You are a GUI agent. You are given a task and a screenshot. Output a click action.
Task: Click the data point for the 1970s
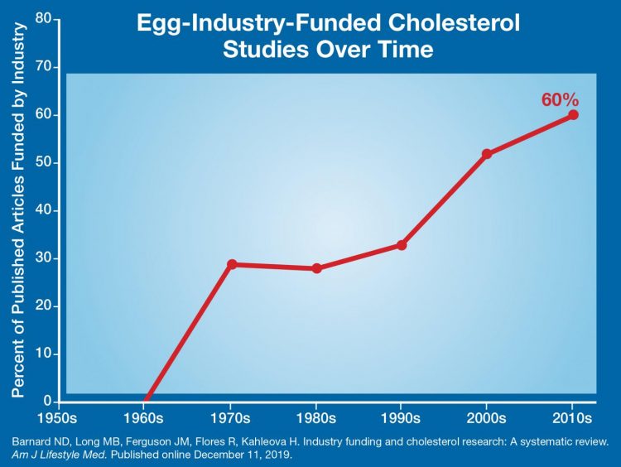[232, 264]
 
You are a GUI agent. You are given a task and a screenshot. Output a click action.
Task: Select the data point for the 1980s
[317, 268]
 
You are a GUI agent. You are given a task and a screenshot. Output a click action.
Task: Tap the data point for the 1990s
[402, 245]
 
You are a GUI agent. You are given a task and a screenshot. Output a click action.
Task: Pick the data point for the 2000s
[487, 154]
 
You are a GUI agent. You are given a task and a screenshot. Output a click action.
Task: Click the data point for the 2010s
[573, 115]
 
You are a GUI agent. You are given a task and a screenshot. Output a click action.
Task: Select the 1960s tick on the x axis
[145, 416]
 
